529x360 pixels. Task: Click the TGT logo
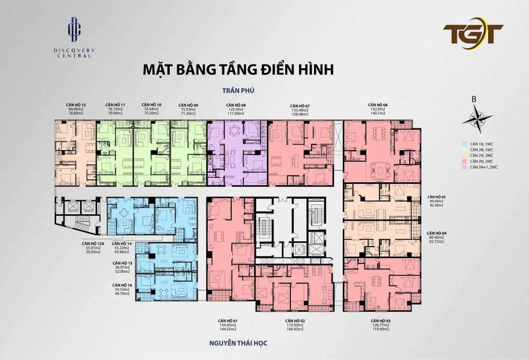coord(473,34)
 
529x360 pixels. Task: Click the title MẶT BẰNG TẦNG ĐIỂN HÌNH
coord(238,69)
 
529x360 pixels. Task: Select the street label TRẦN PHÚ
coord(238,90)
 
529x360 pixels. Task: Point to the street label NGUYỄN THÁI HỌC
coord(238,343)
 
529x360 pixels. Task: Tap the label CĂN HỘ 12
coord(76,105)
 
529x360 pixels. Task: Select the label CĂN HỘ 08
coord(237,105)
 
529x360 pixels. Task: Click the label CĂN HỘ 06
coord(378,105)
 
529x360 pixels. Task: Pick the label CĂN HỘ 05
coord(437,197)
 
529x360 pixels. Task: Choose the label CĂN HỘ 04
coord(437,233)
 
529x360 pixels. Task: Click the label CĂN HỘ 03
coord(380,320)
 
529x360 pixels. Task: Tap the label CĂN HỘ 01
coord(228,320)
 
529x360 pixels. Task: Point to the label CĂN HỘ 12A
coord(91,244)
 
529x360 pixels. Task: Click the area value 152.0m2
coord(378,109)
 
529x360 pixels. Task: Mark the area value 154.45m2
coord(228,325)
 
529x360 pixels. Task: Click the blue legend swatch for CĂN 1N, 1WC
coord(464,144)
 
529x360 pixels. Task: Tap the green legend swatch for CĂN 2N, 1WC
coord(464,149)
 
